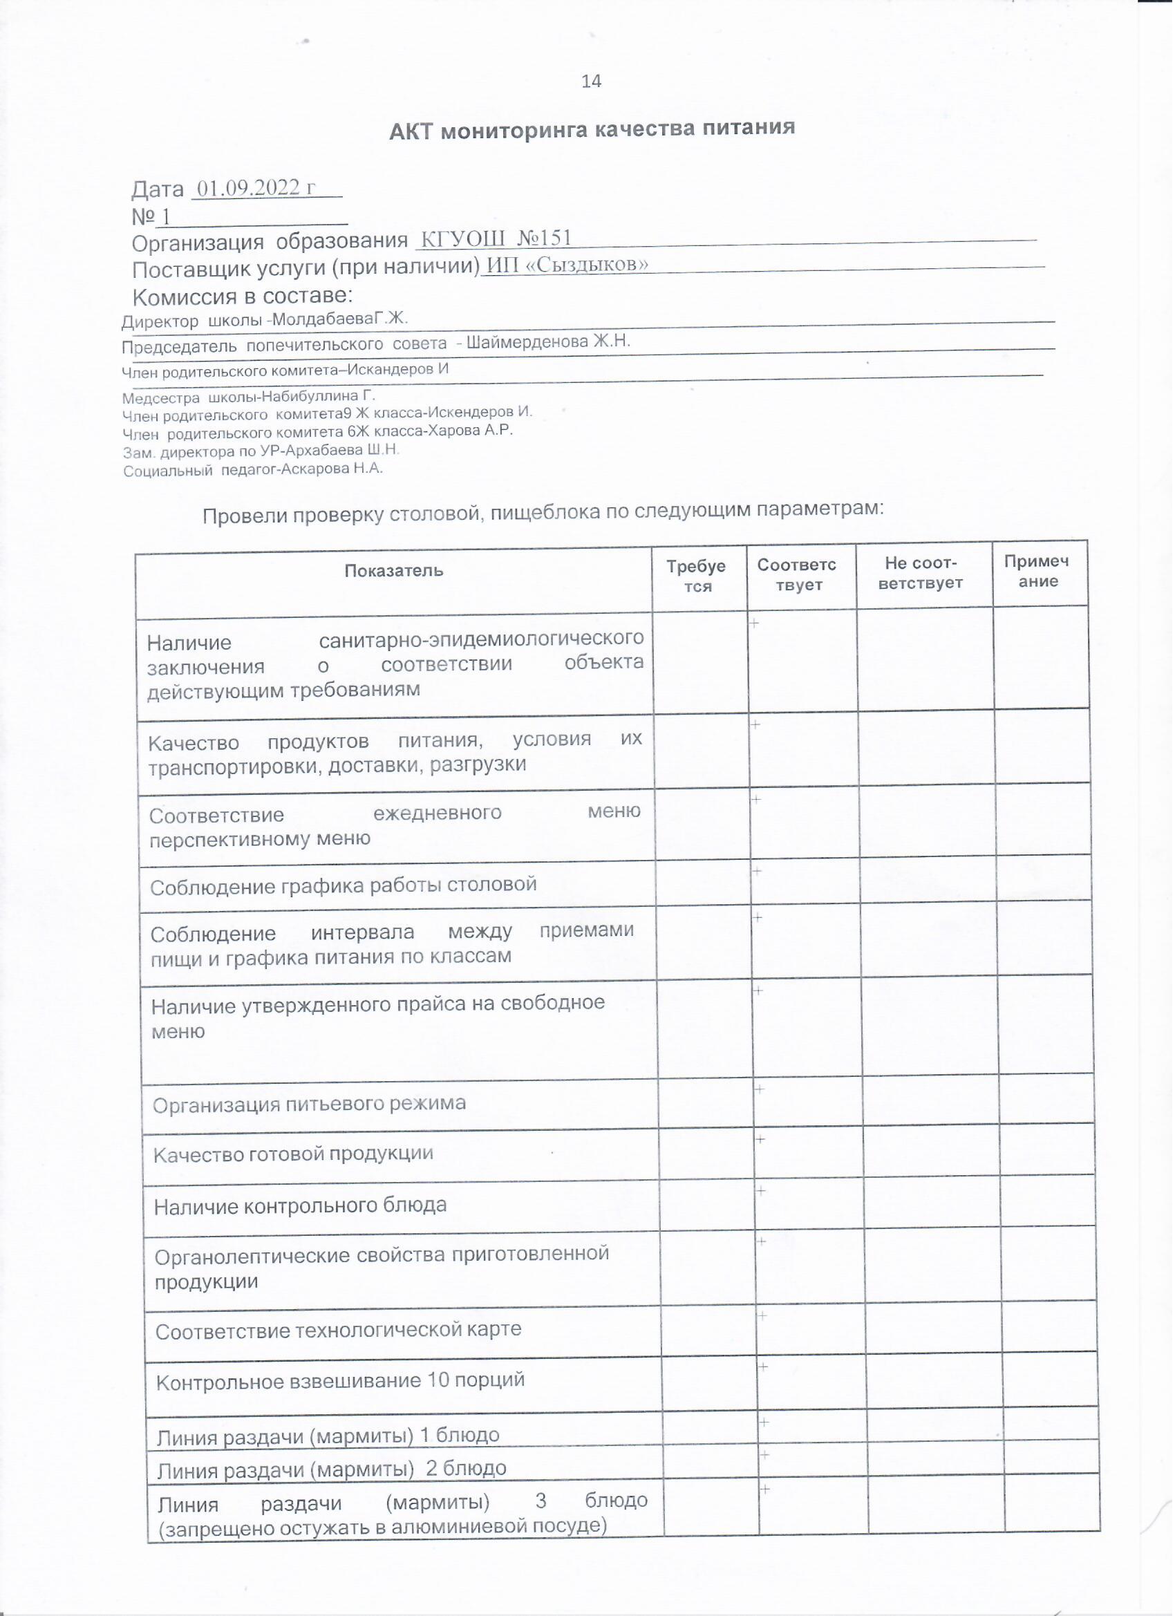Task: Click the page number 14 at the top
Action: pyautogui.click(x=592, y=82)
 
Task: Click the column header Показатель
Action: pyautogui.click(x=394, y=571)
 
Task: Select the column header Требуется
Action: pyautogui.click(x=697, y=576)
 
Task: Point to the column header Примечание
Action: pyautogui.click(x=1038, y=571)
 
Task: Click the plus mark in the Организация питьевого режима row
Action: pyautogui.click(x=760, y=1110)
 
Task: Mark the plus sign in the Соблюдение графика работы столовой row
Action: pyautogui.click(x=758, y=871)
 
